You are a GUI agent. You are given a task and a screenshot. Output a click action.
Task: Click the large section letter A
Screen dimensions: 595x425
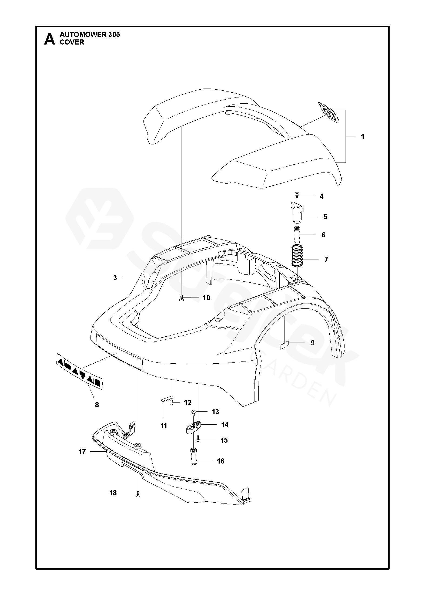click(x=49, y=39)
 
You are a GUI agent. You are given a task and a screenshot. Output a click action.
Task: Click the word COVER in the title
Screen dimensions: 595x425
click(x=72, y=42)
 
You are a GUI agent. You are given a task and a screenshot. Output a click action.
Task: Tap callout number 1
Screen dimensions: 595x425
click(x=363, y=137)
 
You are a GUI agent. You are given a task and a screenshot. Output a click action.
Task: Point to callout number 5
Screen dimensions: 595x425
click(x=325, y=217)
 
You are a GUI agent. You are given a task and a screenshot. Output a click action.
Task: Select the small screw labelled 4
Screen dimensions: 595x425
click(x=297, y=194)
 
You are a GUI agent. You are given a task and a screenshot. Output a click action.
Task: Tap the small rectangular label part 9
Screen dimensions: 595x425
click(x=284, y=345)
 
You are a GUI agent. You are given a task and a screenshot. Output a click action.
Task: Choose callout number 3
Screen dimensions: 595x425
click(x=115, y=278)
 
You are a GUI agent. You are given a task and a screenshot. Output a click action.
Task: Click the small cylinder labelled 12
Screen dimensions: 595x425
click(x=171, y=403)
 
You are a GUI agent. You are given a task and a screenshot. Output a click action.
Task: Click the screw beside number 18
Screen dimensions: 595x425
click(x=138, y=493)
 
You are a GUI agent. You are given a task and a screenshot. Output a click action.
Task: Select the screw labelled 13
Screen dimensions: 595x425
click(x=193, y=412)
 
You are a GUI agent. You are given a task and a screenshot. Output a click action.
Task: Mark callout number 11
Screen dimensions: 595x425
click(x=164, y=426)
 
